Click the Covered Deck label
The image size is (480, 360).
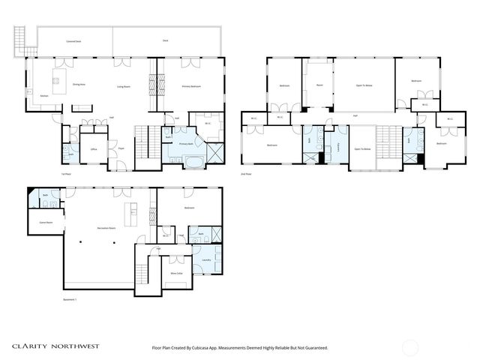[73, 40]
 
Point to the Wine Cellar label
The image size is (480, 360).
[177, 274]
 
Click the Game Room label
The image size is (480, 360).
[36, 222]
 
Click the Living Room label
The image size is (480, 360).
[124, 87]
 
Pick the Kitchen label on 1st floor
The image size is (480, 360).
[44, 96]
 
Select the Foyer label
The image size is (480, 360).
[120, 149]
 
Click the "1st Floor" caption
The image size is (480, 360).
[66, 173]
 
